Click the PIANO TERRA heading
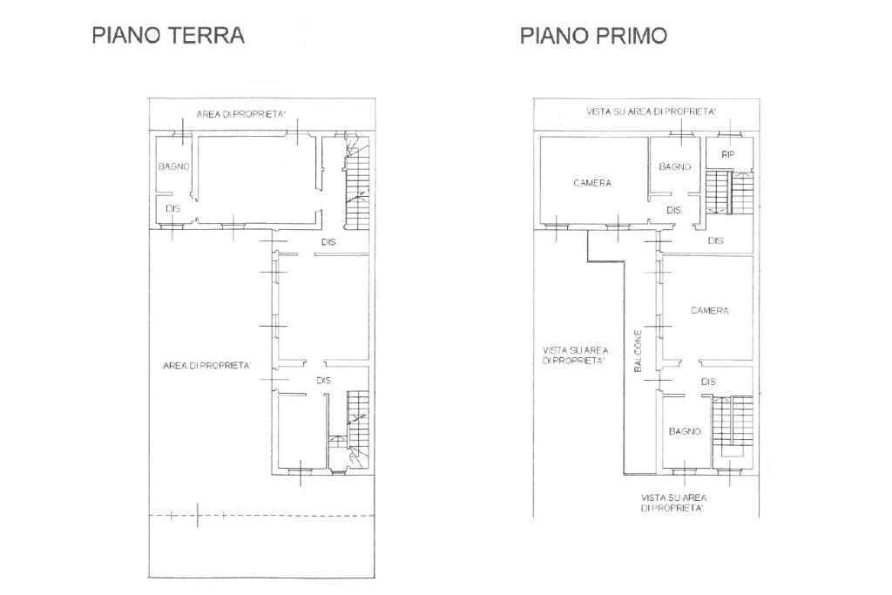pyautogui.click(x=168, y=35)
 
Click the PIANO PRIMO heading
pyautogui.click(x=593, y=35)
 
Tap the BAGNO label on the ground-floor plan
pyautogui.click(x=173, y=166)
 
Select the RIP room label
pyautogui.click(x=728, y=154)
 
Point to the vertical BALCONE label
pyautogui.click(x=638, y=351)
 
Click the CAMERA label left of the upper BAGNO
pyautogui.click(x=592, y=183)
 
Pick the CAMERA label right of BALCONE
pyautogui.click(x=709, y=311)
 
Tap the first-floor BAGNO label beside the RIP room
pyautogui.click(x=675, y=166)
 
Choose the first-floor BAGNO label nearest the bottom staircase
pyautogui.click(x=685, y=432)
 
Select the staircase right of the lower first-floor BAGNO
pyautogui.click(x=732, y=426)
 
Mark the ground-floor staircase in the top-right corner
pyautogui.click(x=357, y=183)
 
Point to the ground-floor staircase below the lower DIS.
pyautogui.click(x=357, y=429)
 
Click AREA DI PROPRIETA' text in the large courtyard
pyautogui.click(x=206, y=366)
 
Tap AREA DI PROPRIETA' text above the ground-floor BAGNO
pyautogui.click(x=240, y=114)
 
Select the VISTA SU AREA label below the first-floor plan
pyautogui.click(x=673, y=503)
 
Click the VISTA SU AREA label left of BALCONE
pyautogui.click(x=575, y=355)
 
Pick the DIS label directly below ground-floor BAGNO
pyautogui.click(x=173, y=209)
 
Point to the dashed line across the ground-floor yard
pyautogui.click(x=261, y=516)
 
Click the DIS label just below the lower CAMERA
pyautogui.click(x=708, y=382)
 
